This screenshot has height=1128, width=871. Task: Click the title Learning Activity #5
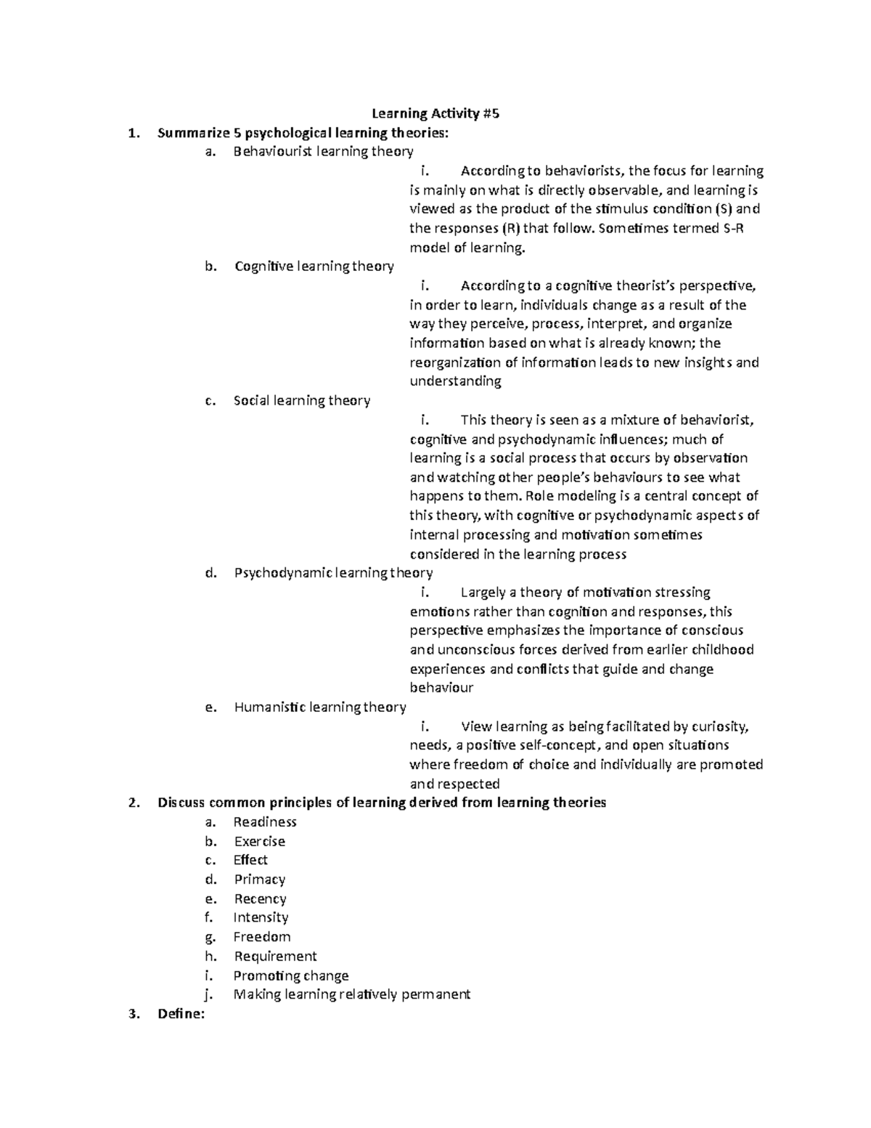435,113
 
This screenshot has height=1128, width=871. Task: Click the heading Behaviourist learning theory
323,152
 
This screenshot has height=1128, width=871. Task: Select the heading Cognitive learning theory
314,267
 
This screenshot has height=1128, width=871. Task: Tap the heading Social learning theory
301,401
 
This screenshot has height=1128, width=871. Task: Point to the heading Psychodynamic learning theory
333,573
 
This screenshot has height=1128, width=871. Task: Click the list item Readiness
265,822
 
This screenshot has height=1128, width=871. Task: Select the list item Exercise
259,842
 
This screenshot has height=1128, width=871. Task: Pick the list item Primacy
259,880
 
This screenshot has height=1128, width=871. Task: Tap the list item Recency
260,899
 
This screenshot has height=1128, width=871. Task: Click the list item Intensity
261,918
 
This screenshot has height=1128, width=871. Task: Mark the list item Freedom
261,937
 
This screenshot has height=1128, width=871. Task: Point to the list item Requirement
275,957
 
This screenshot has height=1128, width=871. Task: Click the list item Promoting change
290,976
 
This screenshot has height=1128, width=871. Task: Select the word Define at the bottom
180,1015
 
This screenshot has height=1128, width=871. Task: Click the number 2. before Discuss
132,803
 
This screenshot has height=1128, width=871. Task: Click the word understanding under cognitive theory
455,382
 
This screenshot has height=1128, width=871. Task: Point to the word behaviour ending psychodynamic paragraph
441,688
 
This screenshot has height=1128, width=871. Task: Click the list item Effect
250,861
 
